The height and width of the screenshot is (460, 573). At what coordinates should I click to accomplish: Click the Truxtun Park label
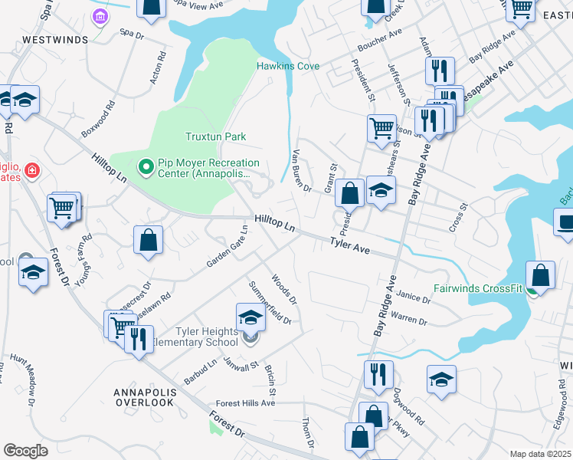pyautogui.click(x=215, y=136)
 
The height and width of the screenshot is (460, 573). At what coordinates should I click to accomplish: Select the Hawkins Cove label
pyautogui.click(x=287, y=66)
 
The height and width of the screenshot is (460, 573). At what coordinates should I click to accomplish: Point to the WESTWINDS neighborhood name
pyautogui.click(x=55, y=38)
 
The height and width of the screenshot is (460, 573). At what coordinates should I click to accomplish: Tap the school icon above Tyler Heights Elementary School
pyautogui.click(x=250, y=317)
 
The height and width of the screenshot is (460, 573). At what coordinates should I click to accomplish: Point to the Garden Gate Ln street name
pyautogui.click(x=228, y=247)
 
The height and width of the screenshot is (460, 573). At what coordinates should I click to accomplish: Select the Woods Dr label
pyautogui.click(x=283, y=290)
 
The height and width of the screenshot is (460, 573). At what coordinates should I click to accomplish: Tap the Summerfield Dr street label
pyautogui.click(x=270, y=303)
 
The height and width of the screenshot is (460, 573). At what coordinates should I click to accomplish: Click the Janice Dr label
pyautogui.click(x=414, y=297)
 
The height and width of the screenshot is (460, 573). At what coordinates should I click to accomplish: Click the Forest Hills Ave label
pyautogui.click(x=245, y=402)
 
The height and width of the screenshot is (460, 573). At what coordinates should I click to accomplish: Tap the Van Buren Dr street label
pyautogui.click(x=303, y=170)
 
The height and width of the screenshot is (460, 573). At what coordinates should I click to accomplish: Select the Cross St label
pyautogui.click(x=458, y=219)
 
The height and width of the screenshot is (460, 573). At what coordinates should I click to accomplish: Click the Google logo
pyautogui.click(x=25, y=450)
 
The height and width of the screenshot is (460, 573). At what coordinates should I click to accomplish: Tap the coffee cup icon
pyautogui.click(x=565, y=222)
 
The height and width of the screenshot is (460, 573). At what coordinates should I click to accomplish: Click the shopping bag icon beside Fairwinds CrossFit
pyautogui.click(x=540, y=276)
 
